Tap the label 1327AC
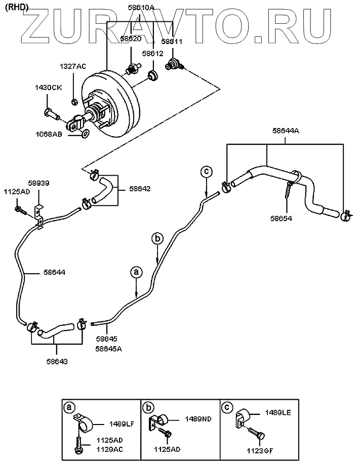point(73,66)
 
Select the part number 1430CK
point(48,88)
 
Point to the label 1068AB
point(49,135)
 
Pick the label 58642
point(140,188)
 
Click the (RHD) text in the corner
point(15,6)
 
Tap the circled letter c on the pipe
point(206,172)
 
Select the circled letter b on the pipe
point(157,238)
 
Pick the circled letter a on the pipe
point(136,272)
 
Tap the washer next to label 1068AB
point(85,134)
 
